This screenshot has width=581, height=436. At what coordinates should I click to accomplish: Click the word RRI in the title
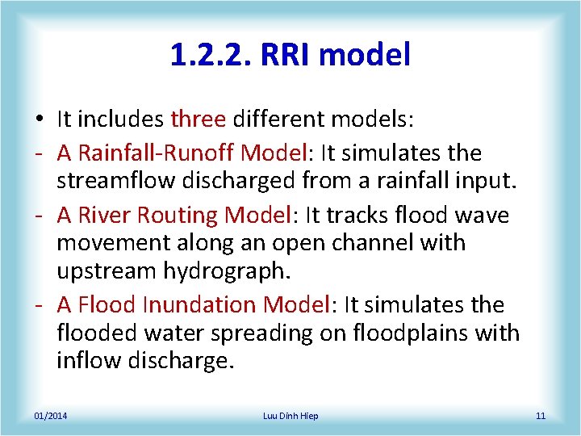pos(293,55)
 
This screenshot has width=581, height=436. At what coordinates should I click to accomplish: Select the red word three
pos(198,119)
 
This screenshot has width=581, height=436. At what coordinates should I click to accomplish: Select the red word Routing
pos(180,216)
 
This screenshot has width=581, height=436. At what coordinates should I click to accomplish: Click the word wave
pos(481,216)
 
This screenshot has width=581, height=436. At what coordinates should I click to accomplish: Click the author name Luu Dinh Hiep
pos(290,416)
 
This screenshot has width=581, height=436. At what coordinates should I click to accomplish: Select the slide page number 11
pos(540,416)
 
